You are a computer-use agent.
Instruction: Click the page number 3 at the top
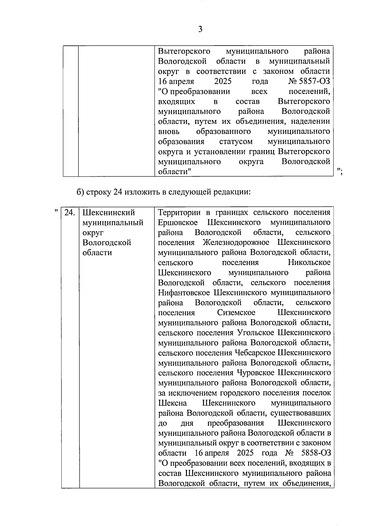pos(200,29)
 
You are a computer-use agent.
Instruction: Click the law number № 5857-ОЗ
pos(309,82)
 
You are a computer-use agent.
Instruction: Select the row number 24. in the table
pos(70,213)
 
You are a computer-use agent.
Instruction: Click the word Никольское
pos(309,263)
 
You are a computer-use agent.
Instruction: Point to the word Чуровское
pos(256,373)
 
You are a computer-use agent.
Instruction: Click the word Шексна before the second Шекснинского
pos(172,403)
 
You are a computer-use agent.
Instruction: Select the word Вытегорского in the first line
pos(184,51)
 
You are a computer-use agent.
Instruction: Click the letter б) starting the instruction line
pos(80,192)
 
